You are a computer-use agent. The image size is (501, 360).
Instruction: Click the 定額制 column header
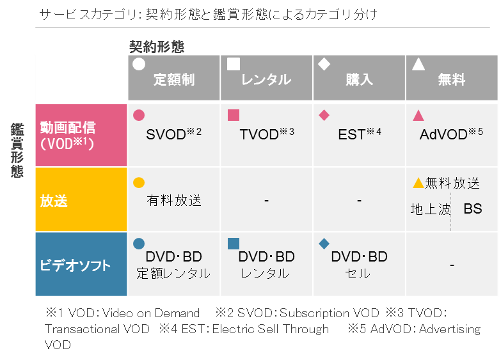[x=174, y=79]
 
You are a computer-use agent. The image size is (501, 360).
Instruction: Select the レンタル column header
[x=266, y=79]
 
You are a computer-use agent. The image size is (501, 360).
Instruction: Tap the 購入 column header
[x=360, y=79]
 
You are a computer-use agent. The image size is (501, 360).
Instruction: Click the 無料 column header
[x=452, y=79]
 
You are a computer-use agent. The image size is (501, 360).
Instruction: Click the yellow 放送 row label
[x=55, y=201]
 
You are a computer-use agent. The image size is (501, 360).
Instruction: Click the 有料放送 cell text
[x=174, y=201]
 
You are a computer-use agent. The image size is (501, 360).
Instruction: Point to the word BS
[x=473, y=209]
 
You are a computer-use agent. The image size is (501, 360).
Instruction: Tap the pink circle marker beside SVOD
[x=138, y=116]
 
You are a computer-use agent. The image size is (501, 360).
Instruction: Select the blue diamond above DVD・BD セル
[x=324, y=244]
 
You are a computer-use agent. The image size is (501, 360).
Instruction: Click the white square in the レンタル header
[x=234, y=64]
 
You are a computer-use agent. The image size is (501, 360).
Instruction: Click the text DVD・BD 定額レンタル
[x=173, y=265]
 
